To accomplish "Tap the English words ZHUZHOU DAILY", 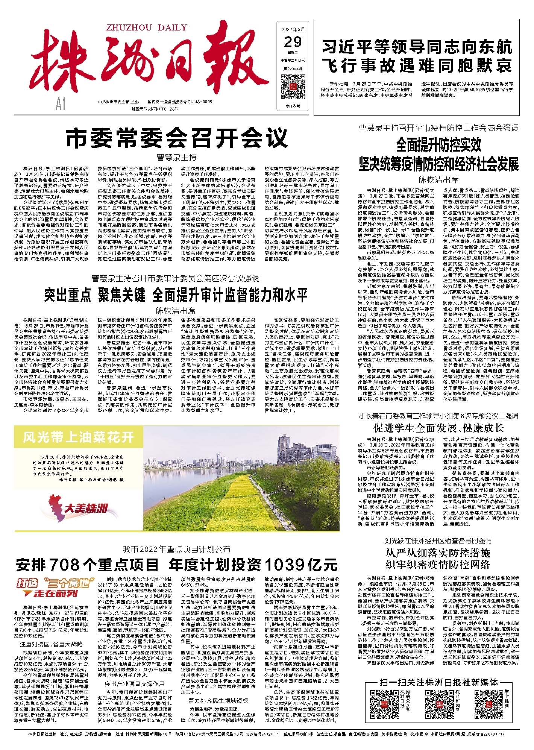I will point(146,27).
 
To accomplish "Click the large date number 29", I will point(293,42).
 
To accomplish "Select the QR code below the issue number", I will point(293,87).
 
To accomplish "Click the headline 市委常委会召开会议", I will point(176,138).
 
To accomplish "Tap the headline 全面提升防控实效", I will point(438,144).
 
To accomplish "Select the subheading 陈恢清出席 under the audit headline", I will point(176,311).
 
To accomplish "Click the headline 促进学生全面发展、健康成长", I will point(438,428).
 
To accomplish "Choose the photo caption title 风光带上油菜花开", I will point(78,437).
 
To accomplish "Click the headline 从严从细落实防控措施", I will point(438,553).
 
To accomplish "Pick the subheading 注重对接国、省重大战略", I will point(51,644).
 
